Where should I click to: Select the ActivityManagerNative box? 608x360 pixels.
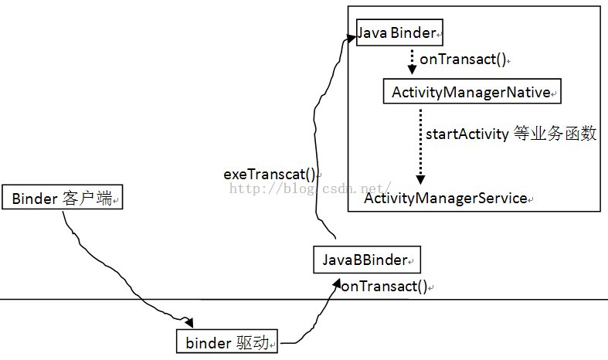click(x=472, y=93)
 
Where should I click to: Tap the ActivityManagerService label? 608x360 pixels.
click(x=445, y=199)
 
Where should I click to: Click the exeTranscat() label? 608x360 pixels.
click(x=270, y=175)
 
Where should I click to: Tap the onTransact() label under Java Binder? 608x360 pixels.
click(x=462, y=59)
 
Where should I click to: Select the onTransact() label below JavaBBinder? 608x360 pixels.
click(x=384, y=287)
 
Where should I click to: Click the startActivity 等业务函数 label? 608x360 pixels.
click(x=511, y=134)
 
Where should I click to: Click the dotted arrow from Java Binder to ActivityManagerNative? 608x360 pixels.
click(x=412, y=60)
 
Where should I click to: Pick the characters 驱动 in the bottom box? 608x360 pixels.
click(x=254, y=342)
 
